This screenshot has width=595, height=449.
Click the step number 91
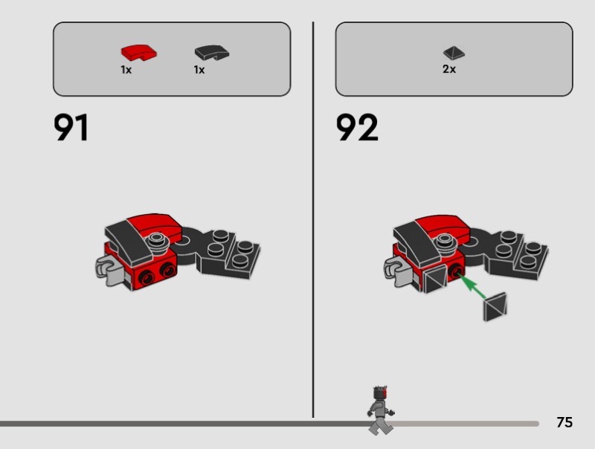tap(71, 127)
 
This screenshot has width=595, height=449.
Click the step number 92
tap(357, 127)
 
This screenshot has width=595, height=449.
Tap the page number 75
tap(565, 422)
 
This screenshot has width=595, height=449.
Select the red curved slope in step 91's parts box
tap(139, 53)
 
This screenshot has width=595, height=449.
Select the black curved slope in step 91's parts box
tap(212, 53)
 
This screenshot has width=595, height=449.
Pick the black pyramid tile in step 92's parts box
tap(454, 53)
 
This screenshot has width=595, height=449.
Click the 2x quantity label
tap(449, 69)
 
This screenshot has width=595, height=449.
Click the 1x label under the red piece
tap(126, 70)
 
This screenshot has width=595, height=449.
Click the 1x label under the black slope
tap(199, 70)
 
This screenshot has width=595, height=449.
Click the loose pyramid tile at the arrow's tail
tap(495, 307)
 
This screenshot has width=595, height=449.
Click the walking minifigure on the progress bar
tap(381, 410)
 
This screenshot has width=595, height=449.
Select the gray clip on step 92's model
tap(397, 271)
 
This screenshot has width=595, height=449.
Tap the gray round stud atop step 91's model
tap(157, 240)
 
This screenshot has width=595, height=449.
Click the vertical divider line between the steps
tap(313, 220)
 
